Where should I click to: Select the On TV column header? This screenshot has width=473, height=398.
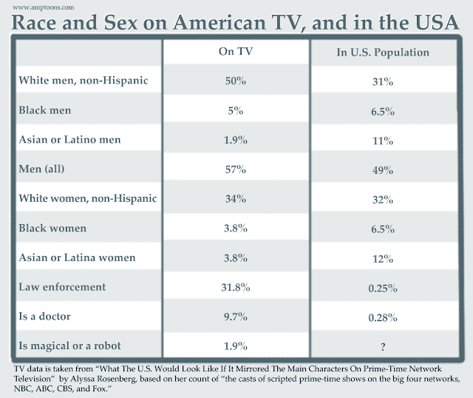pos(236,53)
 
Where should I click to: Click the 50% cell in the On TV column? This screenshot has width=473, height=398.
pos(236,81)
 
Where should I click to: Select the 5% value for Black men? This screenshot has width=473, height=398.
pos(236,110)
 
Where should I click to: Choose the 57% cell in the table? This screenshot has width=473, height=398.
pos(236,169)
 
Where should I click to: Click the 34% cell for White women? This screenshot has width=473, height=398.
pos(236,198)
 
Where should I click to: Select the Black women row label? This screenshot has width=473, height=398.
pos(53,229)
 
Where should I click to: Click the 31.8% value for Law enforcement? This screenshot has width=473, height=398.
pos(236,288)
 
